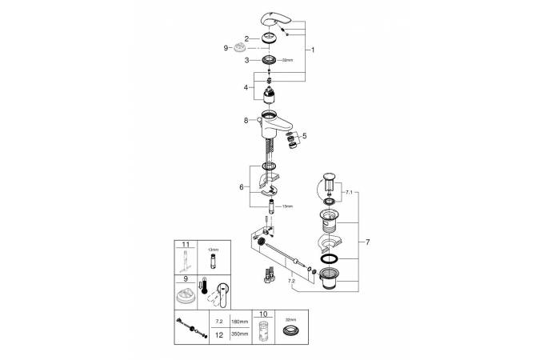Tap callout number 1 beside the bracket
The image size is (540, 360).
click(x=313, y=50)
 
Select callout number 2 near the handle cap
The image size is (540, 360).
click(x=247, y=38)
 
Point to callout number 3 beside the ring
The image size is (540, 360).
click(x=247, y=60)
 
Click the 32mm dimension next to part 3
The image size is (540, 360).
click(x=289, y=60)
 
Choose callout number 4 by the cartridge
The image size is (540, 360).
click(x=247, y=86)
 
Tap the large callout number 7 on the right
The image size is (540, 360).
click(x=367, y=241)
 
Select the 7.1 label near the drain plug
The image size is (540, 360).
click(x=348, y=192)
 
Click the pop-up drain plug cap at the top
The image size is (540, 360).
click(x=328, y=176)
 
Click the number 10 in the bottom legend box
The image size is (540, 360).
click(x=262, y=314)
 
